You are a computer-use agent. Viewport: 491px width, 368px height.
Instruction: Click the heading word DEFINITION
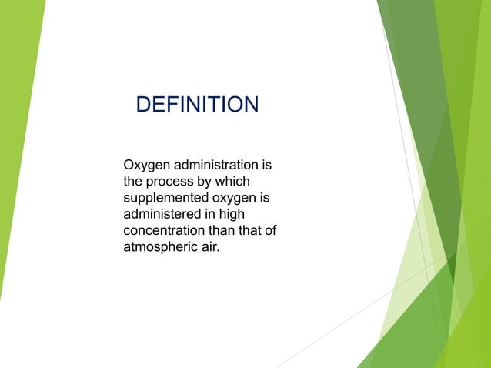[x=197, y=104]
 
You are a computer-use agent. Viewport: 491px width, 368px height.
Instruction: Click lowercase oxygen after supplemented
[x=235, y=199]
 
